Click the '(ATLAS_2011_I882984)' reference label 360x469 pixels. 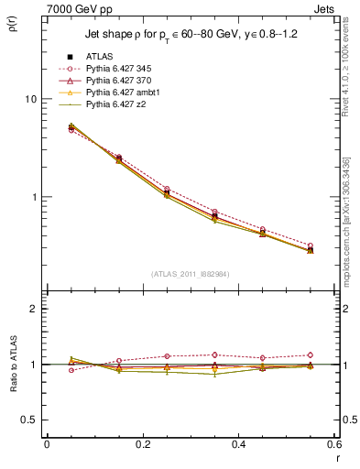point(189,274)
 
